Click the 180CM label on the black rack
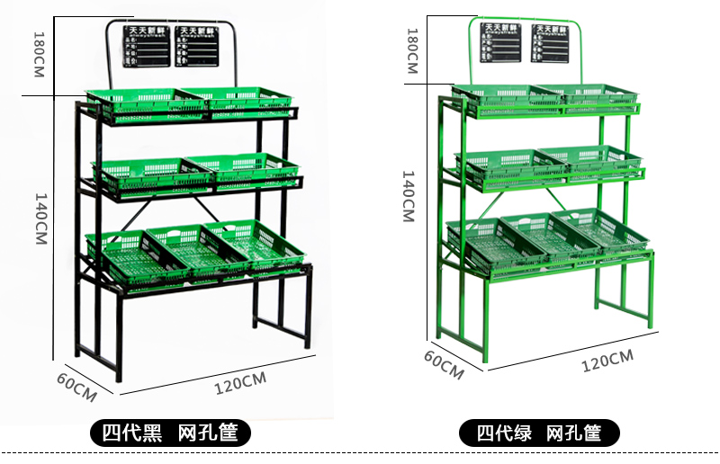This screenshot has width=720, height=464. [x=39, y=54]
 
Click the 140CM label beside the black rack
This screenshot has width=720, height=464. [x=40, y=217]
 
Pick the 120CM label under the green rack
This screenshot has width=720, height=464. [x=607, y=362]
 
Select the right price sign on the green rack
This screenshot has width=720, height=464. [x=550, y=43]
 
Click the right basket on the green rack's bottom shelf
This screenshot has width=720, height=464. [x=600, y=230]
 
